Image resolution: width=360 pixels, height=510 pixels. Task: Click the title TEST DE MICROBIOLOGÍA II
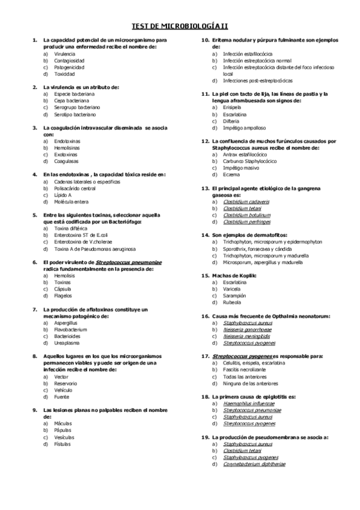[x=180, y=26]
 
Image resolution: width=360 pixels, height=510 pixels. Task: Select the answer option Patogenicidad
[x=69, y=67]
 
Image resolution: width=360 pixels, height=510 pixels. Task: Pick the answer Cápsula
[x=63, y=289]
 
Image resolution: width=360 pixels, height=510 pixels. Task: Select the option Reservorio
[x=66, y=382]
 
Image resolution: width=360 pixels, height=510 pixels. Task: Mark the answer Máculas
[x=63, y=423]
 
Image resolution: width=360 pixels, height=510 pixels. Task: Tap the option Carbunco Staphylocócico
[x=249, y=161]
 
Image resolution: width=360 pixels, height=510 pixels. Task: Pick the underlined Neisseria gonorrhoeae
[x=247, y=330]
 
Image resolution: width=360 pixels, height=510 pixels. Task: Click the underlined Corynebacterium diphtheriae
[x=254, y=464]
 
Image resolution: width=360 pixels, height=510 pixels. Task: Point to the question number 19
[x=204, y=437]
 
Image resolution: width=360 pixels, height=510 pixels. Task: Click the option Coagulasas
[x=66, y=161]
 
